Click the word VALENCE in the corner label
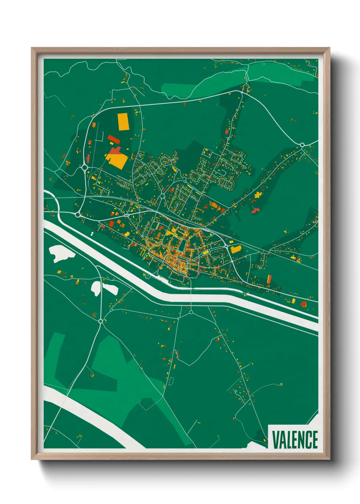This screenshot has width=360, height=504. point(295,440)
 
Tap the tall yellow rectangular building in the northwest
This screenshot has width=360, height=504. point(123,122)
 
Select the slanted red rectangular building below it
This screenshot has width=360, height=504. point(114,139)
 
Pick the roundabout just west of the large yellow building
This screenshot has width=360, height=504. point(84,167)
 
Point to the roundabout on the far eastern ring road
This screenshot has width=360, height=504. point(302,145)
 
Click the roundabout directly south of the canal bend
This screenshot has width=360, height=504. point(191,312)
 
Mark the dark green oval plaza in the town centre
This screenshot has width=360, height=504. point(183,244)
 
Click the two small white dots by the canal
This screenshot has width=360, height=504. point(92,234)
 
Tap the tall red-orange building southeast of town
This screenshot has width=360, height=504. point(269,279)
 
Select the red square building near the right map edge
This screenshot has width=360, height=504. point(304,304)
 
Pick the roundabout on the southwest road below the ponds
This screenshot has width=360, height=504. point(100,321)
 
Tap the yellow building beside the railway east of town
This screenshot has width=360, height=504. point(235,249)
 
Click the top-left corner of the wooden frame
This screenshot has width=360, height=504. point(32,49)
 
